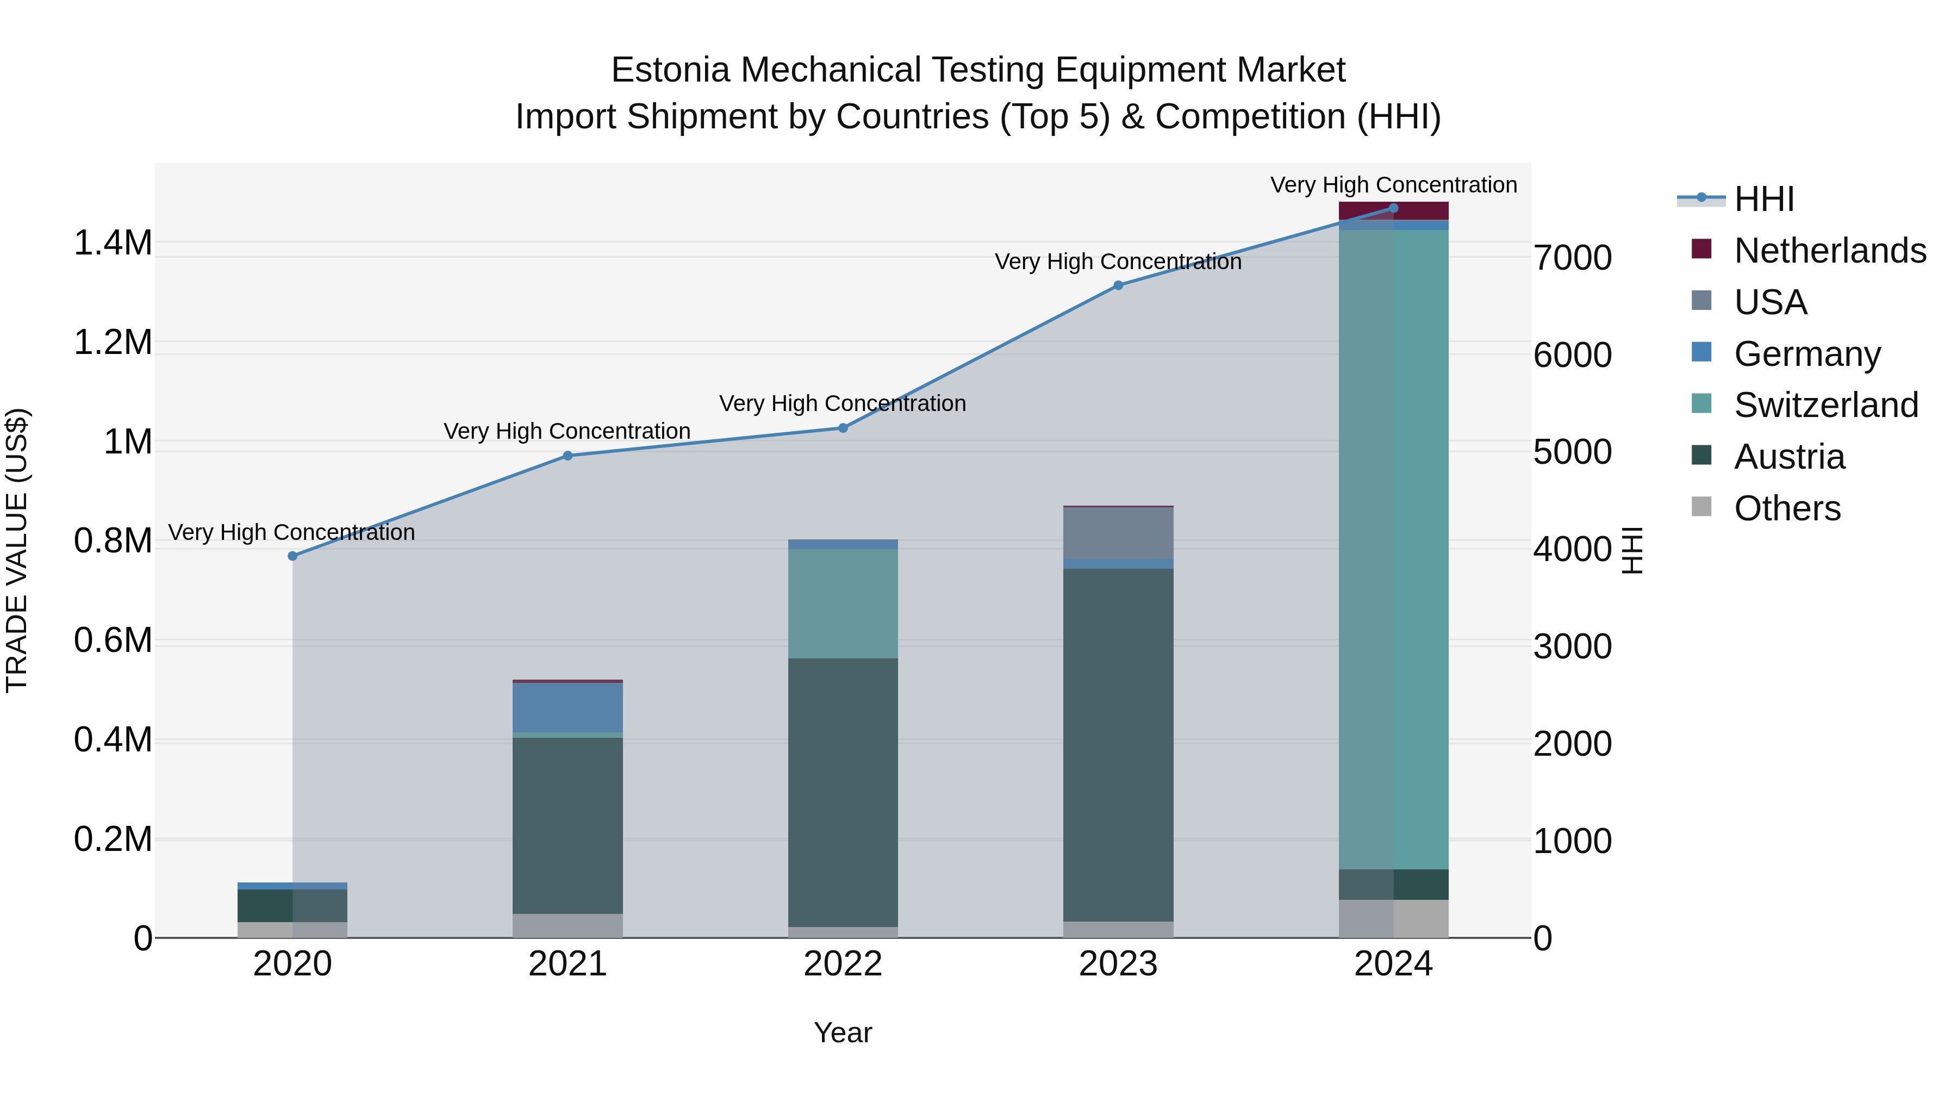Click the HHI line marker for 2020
292,556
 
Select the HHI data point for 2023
1118,285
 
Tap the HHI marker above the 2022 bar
843,428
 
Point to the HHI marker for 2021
568,456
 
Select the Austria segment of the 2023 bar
1118,745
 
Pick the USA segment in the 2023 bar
1118,533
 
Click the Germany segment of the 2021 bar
568,707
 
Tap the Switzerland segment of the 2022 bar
843,604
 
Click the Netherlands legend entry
1829,251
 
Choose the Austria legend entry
1789,457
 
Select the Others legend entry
1787,508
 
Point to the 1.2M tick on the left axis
113,343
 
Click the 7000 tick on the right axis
1572,258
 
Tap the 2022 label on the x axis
843,964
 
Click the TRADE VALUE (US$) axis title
17,550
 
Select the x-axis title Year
843,1032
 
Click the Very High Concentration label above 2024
1393,185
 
